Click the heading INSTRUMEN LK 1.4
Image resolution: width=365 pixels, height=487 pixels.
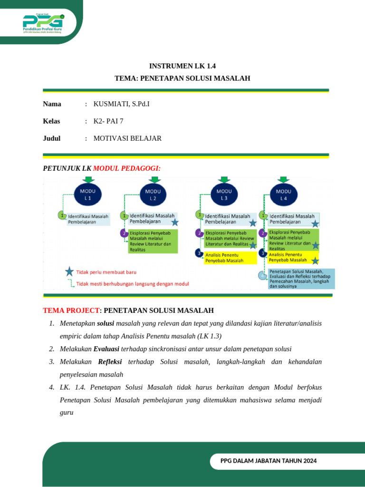(182, 66)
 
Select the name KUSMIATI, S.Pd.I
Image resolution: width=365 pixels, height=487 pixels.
(125, 104)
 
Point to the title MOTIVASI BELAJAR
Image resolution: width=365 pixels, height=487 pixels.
(127, 138)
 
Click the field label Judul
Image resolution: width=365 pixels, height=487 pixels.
(52, 138)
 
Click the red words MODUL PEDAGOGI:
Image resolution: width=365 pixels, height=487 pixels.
(127, 168)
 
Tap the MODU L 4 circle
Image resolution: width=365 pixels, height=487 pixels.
(284, 194)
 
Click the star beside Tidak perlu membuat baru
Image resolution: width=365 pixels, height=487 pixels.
(69, 272)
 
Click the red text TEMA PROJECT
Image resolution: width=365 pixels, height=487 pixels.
(71, 311)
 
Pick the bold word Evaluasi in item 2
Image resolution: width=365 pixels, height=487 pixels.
(106, 349)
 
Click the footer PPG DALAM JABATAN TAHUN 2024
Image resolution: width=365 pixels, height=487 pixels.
(269, 461)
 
